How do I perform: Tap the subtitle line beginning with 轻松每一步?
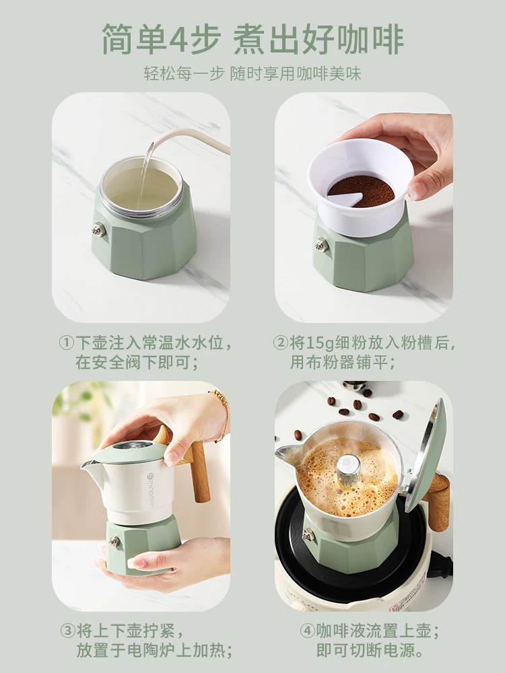[252, 73]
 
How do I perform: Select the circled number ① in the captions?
[67, 343]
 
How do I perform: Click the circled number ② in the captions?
[281, 343]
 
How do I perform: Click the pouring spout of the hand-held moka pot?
[87, 464]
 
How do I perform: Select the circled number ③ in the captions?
[67, 631]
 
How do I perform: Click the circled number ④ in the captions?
[306, 631]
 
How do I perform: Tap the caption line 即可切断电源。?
[370, 651]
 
